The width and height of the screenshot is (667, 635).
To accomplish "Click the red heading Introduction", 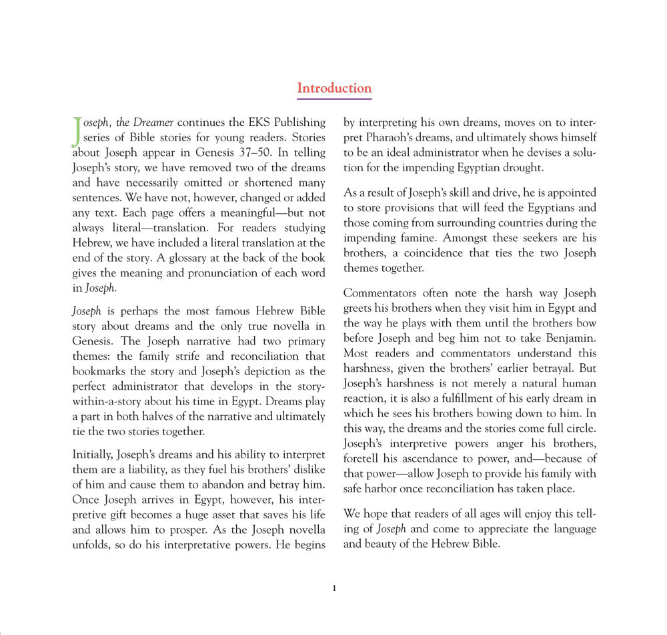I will pos(333,88).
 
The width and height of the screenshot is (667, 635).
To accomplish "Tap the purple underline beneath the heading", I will pos(333,99).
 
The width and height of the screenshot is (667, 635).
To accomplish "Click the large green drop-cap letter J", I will pos(77,131).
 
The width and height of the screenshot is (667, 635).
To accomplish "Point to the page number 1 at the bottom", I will pos(334,588).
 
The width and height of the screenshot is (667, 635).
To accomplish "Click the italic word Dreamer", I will pos(152,123).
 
